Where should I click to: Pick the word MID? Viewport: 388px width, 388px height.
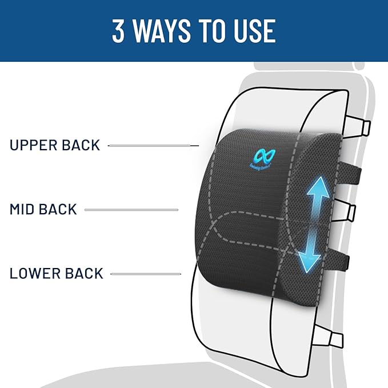(x=23, y=210)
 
